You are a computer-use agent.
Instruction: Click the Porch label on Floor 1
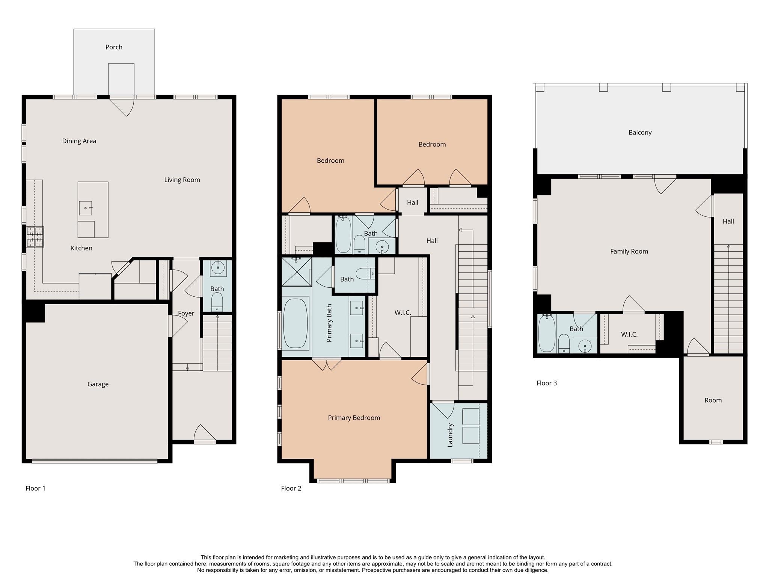click(114, 47)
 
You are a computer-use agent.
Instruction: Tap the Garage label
click(98, 384)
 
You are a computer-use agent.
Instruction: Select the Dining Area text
click(79, 141)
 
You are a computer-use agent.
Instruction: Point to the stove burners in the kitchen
click(35, 237)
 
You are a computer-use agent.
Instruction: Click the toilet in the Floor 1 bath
click(217, 302)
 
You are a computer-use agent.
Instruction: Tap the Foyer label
click(186, 313)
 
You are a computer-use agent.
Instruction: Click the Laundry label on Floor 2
click(450, 435)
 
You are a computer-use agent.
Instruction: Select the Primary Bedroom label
click(354, 418)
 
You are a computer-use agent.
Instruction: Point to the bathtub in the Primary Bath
click(296, 323)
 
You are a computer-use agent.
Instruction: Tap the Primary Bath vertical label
click(329, 323)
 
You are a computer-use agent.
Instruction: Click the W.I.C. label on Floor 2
click(403, 313)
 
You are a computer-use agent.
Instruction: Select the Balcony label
click(640, 132)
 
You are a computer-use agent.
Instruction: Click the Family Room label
click(629, 251)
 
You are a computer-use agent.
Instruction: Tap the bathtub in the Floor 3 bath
click(547, 334)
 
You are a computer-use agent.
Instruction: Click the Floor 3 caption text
click(546, 383)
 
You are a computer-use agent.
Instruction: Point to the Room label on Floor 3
click(713, 400)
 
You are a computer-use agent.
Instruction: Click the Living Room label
click(182, 180)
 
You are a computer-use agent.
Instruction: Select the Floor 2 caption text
click(291, 488)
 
